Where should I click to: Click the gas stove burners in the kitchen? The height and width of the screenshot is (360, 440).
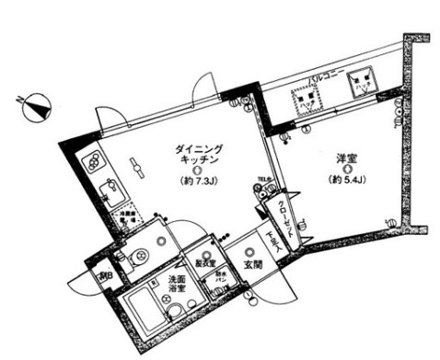point(93,166)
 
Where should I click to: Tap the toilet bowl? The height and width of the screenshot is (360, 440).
point(141,256)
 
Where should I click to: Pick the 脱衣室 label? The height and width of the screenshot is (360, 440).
point(204,261)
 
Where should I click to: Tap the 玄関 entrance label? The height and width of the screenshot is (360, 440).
point(251,267)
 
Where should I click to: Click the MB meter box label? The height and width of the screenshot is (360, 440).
point(104,273)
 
